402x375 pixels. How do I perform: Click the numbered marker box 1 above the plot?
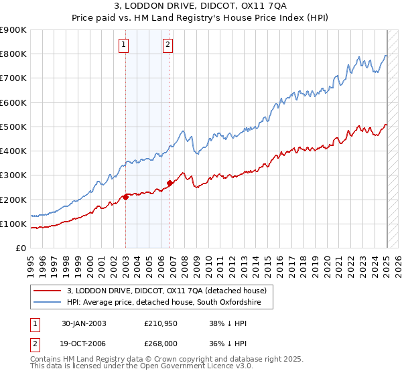[x=125, y=46]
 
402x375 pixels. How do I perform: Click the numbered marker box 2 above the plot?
[x=167, y=46]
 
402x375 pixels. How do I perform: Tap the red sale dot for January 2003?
[x=126, y=197]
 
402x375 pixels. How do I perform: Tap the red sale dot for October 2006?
[x=170, y=183]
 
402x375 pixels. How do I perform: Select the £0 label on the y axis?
[x=20, y=248]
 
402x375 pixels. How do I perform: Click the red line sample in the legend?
[x=46, y=291]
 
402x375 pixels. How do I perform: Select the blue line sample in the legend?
[x=46, y=303]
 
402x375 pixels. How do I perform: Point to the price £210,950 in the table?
[x=161, y=323]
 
